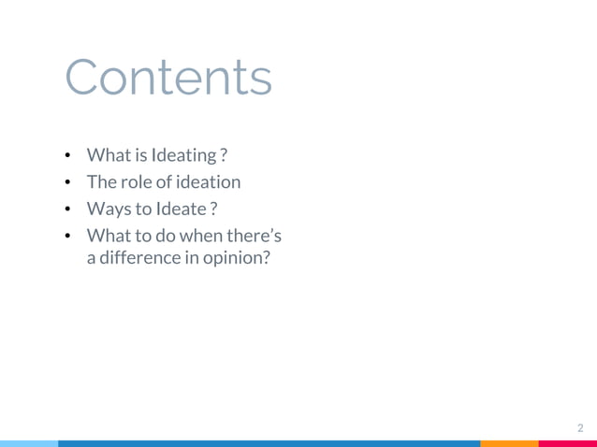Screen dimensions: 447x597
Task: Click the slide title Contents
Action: click(169, 79)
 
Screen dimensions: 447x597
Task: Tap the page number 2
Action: click(580, 428)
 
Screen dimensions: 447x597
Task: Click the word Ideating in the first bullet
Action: click(183, 154)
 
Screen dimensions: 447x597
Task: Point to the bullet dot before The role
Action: click(70, 182)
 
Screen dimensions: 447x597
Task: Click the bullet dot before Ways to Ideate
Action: click(70, 210)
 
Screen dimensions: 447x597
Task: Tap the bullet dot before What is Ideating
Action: click(70, 154)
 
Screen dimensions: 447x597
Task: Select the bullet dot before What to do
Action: click(70, 238)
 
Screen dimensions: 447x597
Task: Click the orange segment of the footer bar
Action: click(510, 443)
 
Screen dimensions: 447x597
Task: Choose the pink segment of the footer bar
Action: click(568, 443)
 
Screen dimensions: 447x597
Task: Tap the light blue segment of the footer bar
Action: click(28, 443)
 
